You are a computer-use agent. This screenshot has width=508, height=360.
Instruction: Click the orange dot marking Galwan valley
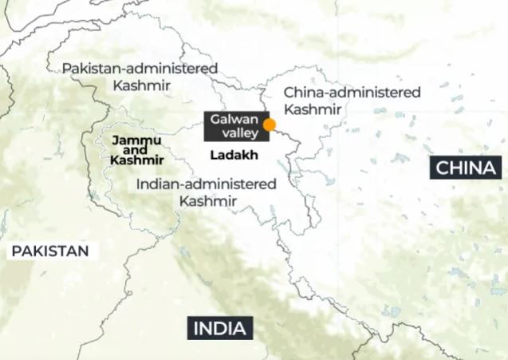pyautogui.click(x=270, y=125)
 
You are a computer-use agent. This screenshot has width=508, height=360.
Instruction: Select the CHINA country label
pyautogui.click(x=466, y=168)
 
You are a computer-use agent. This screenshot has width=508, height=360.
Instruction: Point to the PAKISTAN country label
pyautogui.click(x=49, y=251)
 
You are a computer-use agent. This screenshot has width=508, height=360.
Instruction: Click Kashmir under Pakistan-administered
pyautogui.click(x=140, y=84)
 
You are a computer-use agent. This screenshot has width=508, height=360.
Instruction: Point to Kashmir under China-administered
pyautogui.click(x=313, y=109)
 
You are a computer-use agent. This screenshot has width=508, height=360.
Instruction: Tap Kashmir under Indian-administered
pyautogui.click(x=207, y=201)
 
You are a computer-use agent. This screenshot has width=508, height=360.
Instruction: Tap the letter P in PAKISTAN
pyautogui.click(x=16, y=251)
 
